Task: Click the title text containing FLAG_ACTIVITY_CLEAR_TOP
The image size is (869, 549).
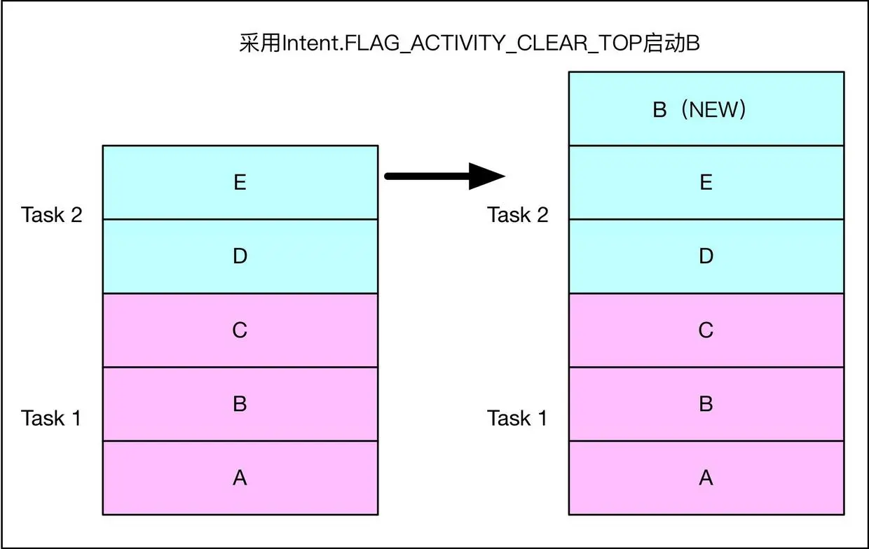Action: pyautogui.click(x=470, y=43)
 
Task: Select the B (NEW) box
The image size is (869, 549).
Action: pyautogui.click(x=706, y=109)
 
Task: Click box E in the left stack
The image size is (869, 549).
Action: pyautogui.click(x=240, y=183)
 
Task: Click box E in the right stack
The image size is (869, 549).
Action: pyautogui.click(x=706, y=183)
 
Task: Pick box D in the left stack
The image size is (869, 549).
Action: pyautogui.click(x=240, y=256)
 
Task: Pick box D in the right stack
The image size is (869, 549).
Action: pyautogui.click(x=706, y=256)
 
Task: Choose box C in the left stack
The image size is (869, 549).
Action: pyautogui.click(x=240, y=330)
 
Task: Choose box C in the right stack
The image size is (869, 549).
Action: pyautogui.click(x=706, y=330)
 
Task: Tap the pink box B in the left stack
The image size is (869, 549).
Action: pyautogui.click(x=240, y=404)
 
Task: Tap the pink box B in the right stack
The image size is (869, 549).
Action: pyautogui.click(x=706, y=404)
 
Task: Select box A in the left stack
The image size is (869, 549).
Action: pyautogui.click(x=240, y=478)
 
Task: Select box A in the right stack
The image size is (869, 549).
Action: pyautogui.click(x=706, y=478)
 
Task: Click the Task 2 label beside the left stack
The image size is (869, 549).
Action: pyautogui.click(x=52, y=215)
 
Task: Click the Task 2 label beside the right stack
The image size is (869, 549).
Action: pyautogui.click(x=518, y=215)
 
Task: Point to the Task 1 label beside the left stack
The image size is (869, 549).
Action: pyautogui.click(x=51, y=419)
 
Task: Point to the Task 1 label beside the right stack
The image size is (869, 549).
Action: pyautogui.click(x=517, y=419)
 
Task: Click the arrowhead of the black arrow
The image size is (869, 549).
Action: pyautogui.click(x=488, y=176)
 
